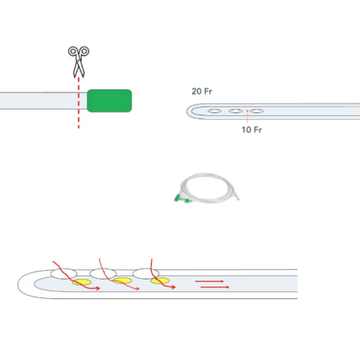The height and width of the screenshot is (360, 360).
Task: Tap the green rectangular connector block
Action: (110, 100)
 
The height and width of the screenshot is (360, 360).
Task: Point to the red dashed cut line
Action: (79, 103)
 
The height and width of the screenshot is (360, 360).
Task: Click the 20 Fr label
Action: (202, 91)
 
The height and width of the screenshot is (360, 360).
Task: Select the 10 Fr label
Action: (252, 130)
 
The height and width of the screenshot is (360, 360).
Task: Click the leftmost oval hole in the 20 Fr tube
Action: (215, 111)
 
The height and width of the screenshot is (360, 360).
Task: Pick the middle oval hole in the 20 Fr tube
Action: (236, 111)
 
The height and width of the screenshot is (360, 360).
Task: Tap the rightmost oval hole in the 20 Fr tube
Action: (257, 111)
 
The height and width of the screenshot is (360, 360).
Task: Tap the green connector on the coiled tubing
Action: (182, 199)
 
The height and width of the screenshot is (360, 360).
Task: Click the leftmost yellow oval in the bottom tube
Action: (82, 282)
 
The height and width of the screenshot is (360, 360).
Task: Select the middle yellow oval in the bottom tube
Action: (122, 281)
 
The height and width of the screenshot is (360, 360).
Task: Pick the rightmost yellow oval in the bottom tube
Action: (160, 281)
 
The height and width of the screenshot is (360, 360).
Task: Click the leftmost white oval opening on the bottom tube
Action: (63, 274)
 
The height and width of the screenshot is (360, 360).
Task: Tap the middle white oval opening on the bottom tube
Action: (103, 274)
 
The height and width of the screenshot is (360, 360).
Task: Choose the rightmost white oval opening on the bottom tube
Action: (146, 274)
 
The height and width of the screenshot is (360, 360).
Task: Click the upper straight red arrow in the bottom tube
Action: (209, 281)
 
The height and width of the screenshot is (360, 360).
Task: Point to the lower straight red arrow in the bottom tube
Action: (215, 287)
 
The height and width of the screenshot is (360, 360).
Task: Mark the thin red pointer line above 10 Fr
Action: (247, 117)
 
